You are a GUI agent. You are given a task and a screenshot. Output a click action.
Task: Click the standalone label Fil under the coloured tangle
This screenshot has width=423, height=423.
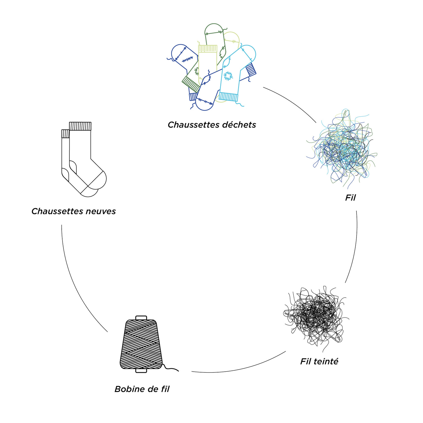pyautogui.click(x=350, y=198)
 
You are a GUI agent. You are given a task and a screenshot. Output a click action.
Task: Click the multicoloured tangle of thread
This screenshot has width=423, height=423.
pyautogui.click(x=341, y=148)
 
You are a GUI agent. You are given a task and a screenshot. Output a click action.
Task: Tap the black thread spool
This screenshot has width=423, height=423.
pyautogui.click(x=141, y=344)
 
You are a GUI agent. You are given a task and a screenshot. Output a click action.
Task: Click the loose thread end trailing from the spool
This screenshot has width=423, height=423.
pyautogui.click(x=172, y=369)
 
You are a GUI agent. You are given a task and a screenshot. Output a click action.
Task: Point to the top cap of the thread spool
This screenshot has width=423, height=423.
pyautogui.click(x=141, y=318)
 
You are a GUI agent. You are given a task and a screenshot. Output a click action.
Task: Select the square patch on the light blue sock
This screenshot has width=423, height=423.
pyautogui.click(x=228, y=76)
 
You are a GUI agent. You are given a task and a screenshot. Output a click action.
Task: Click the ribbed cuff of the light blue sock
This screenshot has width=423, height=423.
pyautogui.click(x=228, y=97)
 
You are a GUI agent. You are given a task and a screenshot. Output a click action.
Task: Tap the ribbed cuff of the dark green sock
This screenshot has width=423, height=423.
pyautogui.click(x=191, y=84)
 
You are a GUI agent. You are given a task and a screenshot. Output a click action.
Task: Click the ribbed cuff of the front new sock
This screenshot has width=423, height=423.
pyautogui.click(x=80, y=126)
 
